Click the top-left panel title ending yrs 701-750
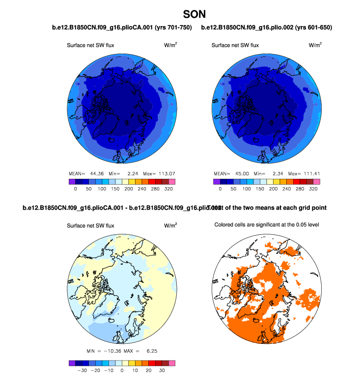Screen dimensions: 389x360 coord(122,28)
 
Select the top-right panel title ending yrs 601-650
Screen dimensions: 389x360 coord(267,28)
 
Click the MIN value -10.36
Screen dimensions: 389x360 coord(113,351)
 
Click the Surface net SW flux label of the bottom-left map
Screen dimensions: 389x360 coord(90,225)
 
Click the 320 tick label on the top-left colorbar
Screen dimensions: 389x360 coord(169,188)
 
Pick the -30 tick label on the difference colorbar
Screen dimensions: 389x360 coord(83,371)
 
